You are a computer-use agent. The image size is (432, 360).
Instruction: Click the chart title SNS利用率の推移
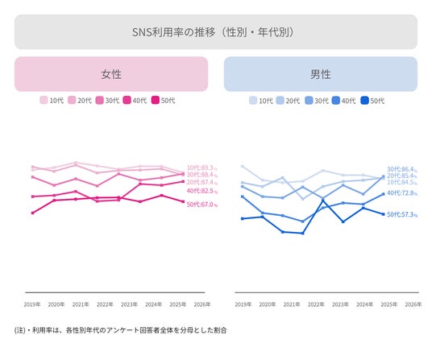tap(173, 32)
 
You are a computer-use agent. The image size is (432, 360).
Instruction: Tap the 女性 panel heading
tap(111, 74)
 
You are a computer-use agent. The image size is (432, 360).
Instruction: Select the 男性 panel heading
tap(321, 74)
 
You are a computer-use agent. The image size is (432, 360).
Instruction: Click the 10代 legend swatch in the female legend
tap(44, 100)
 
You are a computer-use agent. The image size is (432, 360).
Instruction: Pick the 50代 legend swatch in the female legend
tap(156, 100)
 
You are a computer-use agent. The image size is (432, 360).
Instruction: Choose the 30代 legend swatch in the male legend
tap(309, 101)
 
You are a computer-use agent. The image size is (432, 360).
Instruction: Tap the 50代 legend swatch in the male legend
tap(365, 101)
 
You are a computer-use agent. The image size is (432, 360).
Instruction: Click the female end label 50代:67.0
tap(202, 205)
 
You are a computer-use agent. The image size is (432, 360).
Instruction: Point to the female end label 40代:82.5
tap(202, 191)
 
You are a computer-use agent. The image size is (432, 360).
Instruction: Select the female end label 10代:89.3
tap(202, 168)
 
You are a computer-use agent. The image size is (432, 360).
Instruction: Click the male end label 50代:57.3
tap(402, 214)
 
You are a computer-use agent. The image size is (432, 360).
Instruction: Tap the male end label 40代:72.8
tap(402, 193)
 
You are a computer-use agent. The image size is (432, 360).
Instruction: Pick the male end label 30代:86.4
tap(402, 169)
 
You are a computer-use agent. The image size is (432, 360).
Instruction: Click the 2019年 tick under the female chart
tap(32, 304)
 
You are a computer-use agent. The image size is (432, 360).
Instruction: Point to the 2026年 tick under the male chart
tap(413, 304)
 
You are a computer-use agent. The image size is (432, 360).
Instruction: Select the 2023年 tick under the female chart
tap(129, 304)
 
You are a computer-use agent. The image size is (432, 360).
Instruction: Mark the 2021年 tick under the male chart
tap(292, 304)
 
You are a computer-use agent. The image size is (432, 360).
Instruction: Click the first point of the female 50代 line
tap(33, 213)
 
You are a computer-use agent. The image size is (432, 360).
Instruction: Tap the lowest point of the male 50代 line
tap(303, 233)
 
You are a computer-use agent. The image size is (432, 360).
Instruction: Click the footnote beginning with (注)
tap(120, 330)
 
